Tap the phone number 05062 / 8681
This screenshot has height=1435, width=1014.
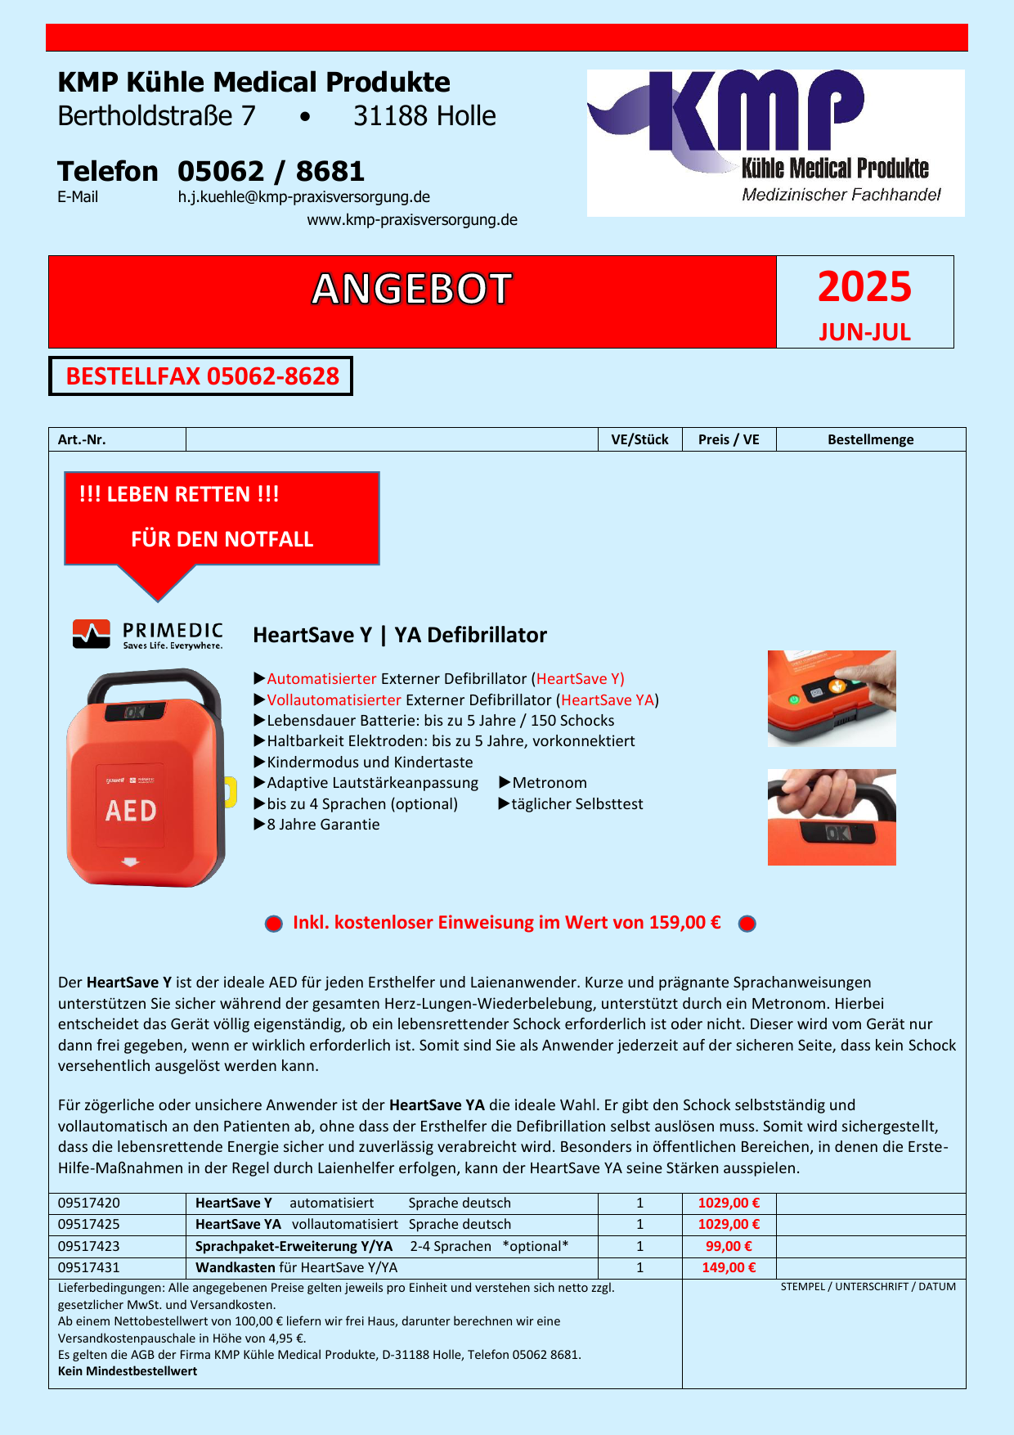(x=271, y=172)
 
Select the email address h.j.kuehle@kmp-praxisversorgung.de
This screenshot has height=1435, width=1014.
(x=304, y=197)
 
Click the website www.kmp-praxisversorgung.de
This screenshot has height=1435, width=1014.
(x=412, y=220)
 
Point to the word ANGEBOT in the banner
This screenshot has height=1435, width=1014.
(x=411, y=290)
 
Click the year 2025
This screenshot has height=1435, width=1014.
(x=864, y=287)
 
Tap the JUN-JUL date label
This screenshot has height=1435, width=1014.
(x=864, y=332)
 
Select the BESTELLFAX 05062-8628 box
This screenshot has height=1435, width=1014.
(x=201, y=376)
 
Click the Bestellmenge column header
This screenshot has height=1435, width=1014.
(x=870, y=439)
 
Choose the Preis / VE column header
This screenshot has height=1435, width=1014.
(x=729, y=439)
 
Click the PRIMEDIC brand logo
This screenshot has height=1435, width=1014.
(x=148, y=635)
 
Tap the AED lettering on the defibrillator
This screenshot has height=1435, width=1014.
(x=131, y=811)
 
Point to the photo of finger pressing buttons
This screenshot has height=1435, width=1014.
(x=832, y=699)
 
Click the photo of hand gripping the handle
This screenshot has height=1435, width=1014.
(x=832, y=816)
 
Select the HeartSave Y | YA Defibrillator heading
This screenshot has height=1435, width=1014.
(x=400, y=636)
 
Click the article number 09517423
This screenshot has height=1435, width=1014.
(x=89, y=1246)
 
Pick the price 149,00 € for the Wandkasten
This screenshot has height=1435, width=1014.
(x=729, y=1267)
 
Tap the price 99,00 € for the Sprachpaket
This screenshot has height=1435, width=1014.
(x=729, y=1246)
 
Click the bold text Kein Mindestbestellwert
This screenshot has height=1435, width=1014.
(x=128, y=1371)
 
